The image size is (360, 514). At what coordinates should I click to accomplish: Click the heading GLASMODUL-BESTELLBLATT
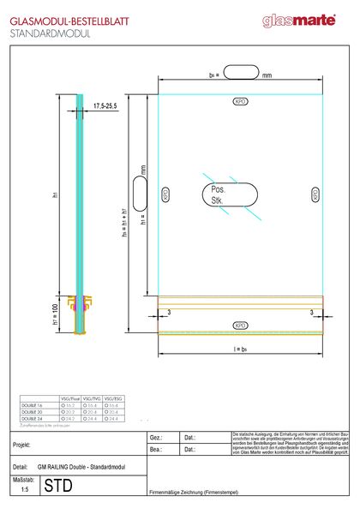[x=63, y=18]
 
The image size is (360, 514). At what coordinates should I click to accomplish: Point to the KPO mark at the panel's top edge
[x=240, y=100]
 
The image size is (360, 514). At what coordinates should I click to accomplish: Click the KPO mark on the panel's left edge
[x=165, y=194]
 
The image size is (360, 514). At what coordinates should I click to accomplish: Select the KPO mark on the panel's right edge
[x=315, y=194]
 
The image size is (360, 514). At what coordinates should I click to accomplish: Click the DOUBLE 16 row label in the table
[x=32, y=404]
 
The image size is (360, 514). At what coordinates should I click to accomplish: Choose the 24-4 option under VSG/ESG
[x=112, y=418]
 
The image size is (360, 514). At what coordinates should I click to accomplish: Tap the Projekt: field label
[x=22, y=446]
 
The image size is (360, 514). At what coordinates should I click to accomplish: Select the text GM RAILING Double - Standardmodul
[x=79, y=466]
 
